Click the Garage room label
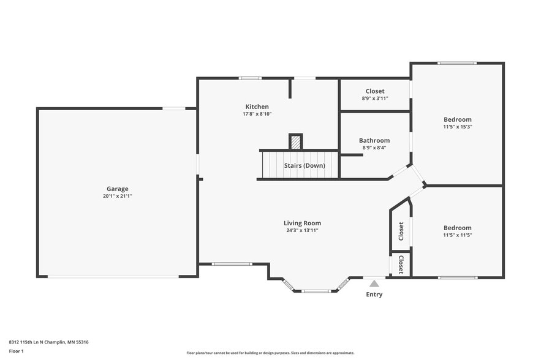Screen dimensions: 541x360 (x=117, y=189)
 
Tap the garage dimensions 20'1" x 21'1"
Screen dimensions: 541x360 (x=118, y=196)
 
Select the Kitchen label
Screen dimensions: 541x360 (x=257, y=107)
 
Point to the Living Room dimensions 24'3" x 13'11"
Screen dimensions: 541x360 (x=302, y=230)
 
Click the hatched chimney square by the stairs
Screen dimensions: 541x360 (x=296, y=142)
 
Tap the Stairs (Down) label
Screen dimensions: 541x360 (x=305, y=165)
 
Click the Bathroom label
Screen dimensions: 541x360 (x=374, y=140)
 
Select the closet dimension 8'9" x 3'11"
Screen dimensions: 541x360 (x=375, y=99)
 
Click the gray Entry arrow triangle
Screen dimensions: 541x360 (x=374, y=283)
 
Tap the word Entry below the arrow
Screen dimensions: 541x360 (x=374, y=294)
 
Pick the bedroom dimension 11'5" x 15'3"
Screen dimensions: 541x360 (x=458, y=127)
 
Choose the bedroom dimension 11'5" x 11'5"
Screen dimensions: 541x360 (x=458, y=235)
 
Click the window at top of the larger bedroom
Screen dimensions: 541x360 (x=457, y=63)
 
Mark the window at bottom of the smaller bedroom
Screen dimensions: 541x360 (x=458, y=277)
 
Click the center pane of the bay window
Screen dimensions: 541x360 (x=316, y=291)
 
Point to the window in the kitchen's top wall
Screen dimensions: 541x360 (x=250, y=78)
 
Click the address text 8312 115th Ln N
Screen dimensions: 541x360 (x=27, y=342)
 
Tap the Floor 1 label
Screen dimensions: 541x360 (x=16, y=351)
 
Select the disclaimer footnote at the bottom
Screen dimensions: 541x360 (x=271, y=353)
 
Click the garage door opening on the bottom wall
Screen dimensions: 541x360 (x=113, y=277)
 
